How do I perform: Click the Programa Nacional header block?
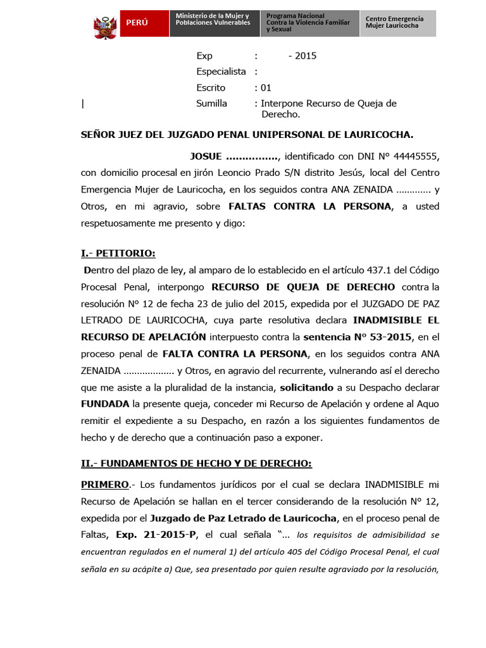click(309, 23)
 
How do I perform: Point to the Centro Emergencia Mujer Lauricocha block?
click(397, 23)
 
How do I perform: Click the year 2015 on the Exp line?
click(302, 56)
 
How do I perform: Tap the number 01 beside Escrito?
click(265, 87)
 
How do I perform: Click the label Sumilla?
click(211, 103)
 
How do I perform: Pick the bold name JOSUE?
click(206, 156)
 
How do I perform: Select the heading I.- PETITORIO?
click(118, 253)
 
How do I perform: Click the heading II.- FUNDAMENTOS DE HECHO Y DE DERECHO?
click(196, 464)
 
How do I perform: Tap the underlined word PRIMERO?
click(105, 484)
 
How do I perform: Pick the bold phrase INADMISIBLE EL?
click(396, 320)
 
